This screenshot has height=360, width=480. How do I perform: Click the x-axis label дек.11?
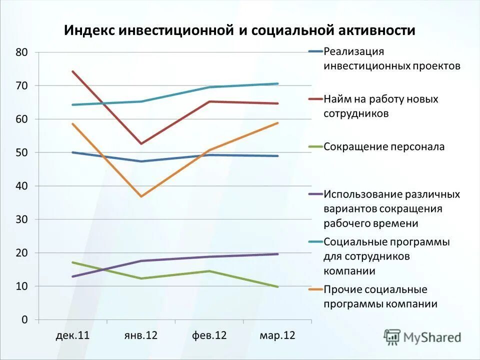pyautogui.click(x=72, y=335)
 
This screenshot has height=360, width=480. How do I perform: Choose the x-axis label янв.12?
pyautogui.click(x=141, y=335)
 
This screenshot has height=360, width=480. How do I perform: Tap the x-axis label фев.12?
pyautogui.click(x=209, y=335)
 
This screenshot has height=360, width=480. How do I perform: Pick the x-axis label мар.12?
pyautogui.click(x=277, y=335)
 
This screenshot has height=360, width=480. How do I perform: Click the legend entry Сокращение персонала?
pyautogui.click(x=384, y=147)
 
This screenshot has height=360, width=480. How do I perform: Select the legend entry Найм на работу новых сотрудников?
pyautogui.click(x=381, y=106)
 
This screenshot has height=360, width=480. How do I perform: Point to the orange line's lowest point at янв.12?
pyautogui.click(x=141, y=196)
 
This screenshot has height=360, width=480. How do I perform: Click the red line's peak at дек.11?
pyautogui.click(x=73, y=71)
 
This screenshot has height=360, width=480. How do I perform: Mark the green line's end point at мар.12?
pyautogui.click(x=277, y=286)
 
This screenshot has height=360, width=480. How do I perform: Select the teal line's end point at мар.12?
pyautogui.click(x=277, y=83)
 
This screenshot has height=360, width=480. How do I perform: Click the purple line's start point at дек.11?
pyautogui.click(x=73, y=276)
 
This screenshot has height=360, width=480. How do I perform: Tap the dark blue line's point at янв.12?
pyautogui.click(x=141, y=161)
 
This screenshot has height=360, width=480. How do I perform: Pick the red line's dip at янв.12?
pyautogui.click(x=141, y=144)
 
